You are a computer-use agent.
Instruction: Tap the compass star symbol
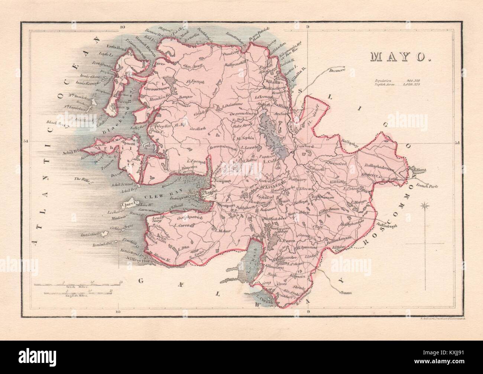point(426,206)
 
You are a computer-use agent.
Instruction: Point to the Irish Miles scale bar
point(77,285)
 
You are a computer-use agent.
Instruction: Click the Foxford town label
point(305,147)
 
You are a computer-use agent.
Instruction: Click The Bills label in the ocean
point(81,180)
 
